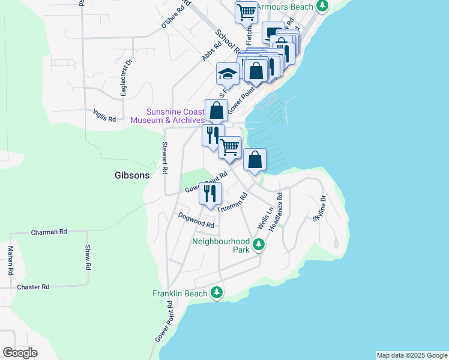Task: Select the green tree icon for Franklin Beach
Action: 217,293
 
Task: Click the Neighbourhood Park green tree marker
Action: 259,244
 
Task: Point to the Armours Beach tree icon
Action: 323,6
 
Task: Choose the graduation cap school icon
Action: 228,74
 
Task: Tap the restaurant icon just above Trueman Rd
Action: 209,193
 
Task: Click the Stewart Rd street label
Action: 164,158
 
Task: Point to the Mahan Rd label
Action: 11,260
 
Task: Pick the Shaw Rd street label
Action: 88,257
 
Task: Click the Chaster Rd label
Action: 33,287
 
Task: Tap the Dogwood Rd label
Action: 196,220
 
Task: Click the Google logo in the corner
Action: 20,352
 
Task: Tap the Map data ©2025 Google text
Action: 411,355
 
